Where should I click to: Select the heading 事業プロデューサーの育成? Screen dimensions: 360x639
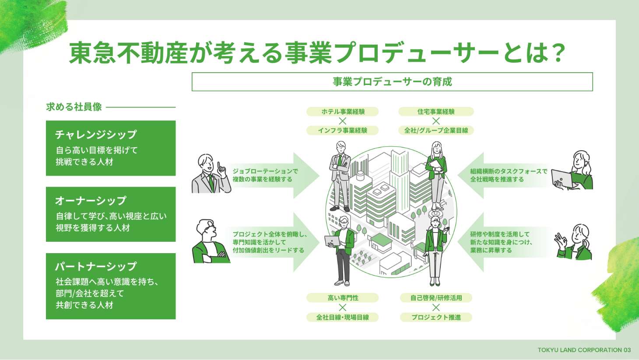[392, 82]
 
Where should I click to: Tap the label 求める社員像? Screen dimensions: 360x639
[74, 107]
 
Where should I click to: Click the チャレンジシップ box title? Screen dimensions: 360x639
[96, 134]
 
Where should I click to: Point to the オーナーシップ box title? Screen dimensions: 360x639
[91, 201]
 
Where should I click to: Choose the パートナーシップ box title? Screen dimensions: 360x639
[96, 266]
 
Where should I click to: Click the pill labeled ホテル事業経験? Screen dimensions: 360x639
[343, 112]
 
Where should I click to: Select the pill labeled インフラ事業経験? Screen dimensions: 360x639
[343, 131]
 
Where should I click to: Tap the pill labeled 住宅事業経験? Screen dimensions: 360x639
[436, 112]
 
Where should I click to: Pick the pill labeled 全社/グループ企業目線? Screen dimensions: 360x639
[436, 131]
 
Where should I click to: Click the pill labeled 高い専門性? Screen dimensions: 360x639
[343, 298]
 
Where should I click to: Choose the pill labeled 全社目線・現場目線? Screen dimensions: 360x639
[343, 317]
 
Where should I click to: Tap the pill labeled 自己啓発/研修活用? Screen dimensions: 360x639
[436, 298]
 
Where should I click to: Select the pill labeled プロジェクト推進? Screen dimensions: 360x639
[436, 317]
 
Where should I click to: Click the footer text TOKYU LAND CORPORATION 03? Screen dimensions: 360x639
[584, 350]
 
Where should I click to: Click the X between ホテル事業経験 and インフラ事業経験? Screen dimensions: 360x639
[343, 121]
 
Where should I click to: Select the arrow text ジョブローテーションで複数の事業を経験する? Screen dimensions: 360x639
[265, 175]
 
